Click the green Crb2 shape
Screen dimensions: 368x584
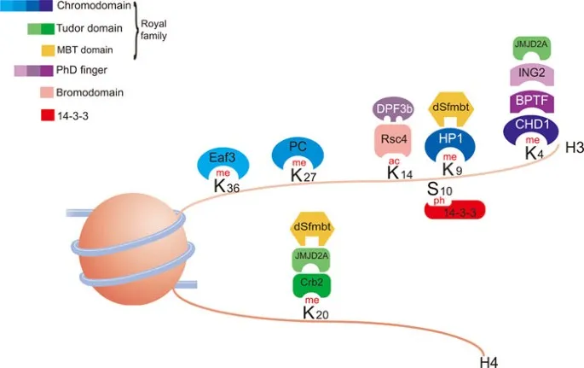click(x=310, y=284)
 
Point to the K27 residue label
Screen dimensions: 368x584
click(x=303, y=176)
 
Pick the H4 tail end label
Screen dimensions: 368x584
click(x=489, y=361)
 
